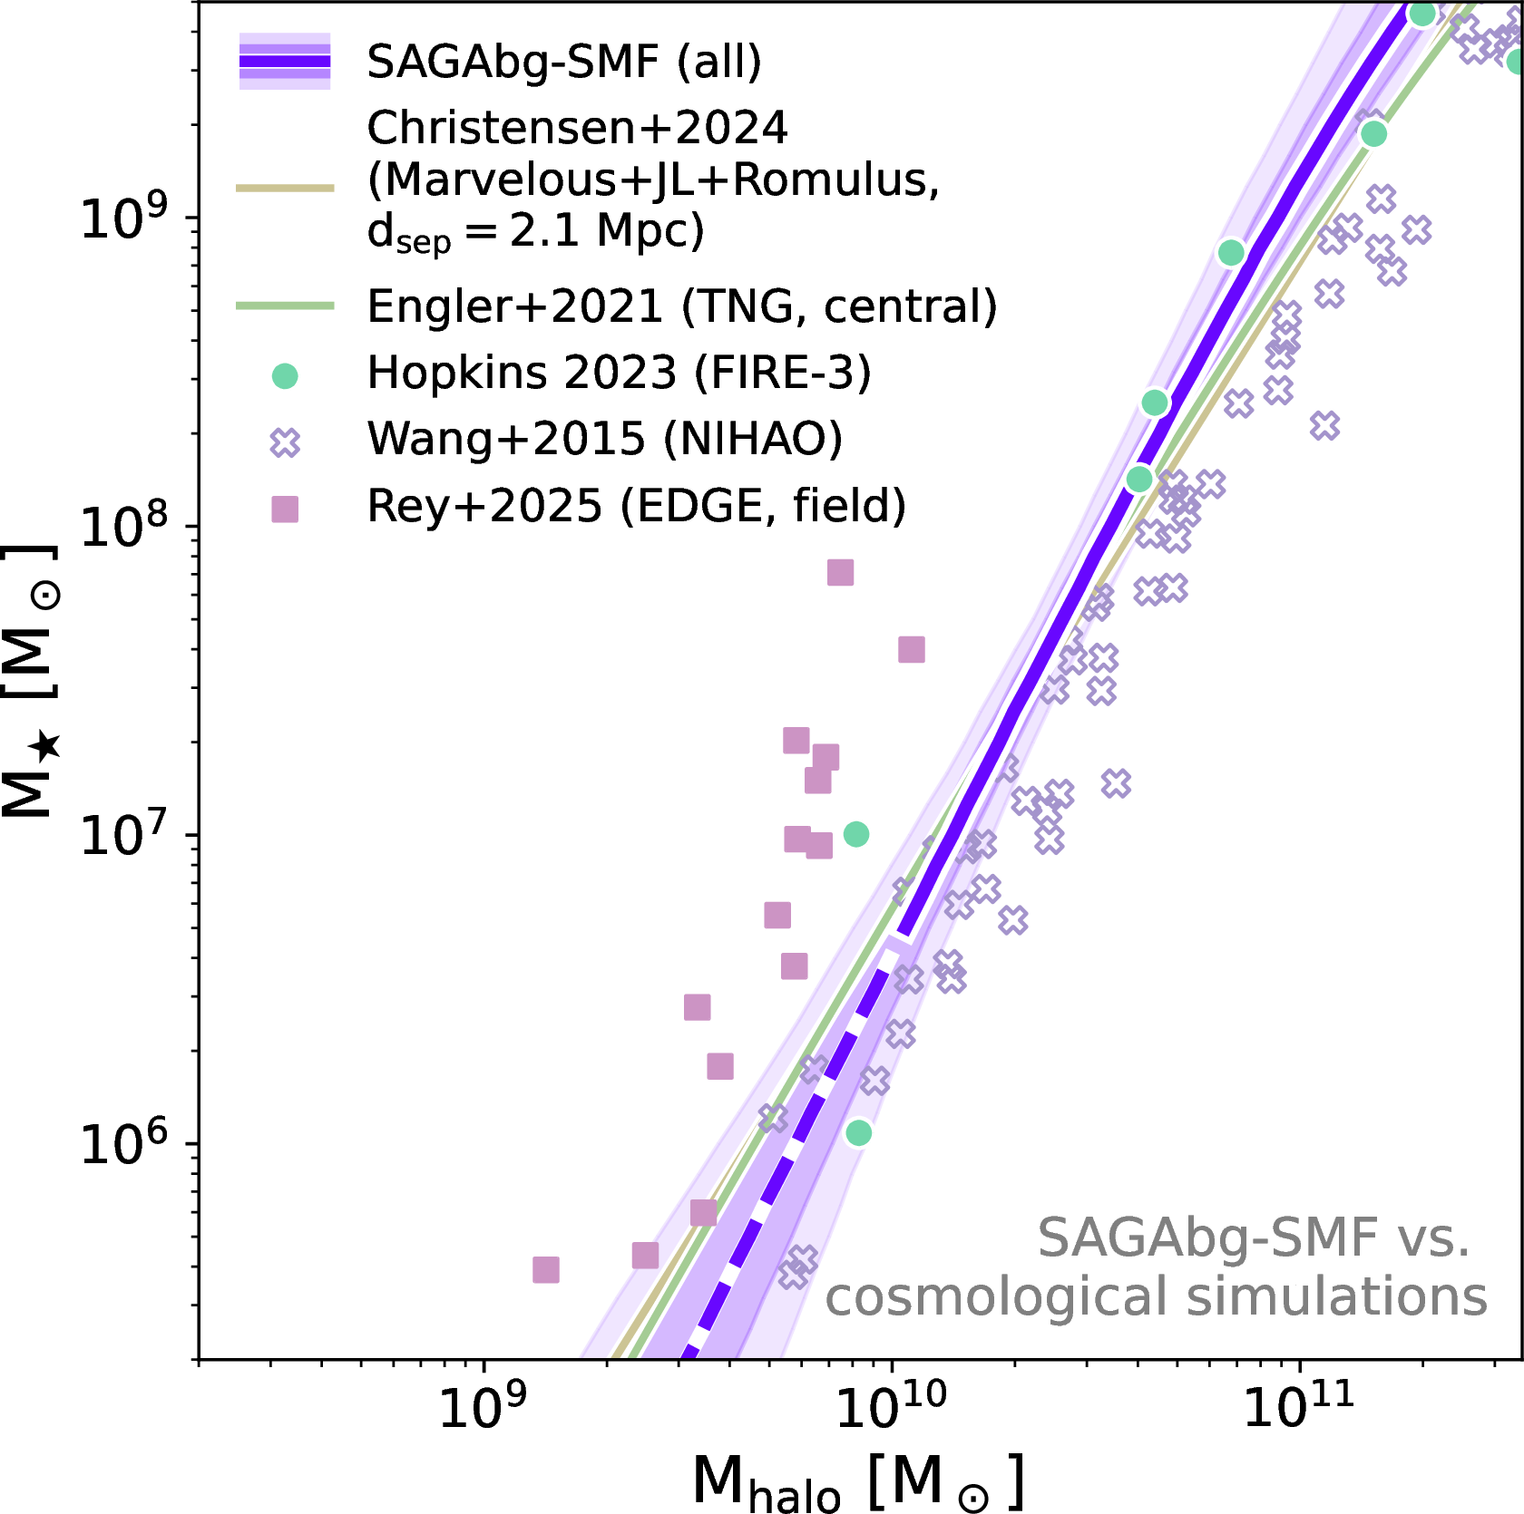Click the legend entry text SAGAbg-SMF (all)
563,62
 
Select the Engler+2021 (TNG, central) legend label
681,306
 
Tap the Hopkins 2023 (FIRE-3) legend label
619,373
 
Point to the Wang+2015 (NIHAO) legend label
604,439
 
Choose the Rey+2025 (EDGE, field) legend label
636,506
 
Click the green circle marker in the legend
285,375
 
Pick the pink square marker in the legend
285,509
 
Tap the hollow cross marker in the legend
285,442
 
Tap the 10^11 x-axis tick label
1298,1407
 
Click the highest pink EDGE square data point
840,572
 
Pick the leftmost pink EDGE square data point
545,1269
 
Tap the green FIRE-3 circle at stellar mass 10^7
855,834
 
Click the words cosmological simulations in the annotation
1156,1296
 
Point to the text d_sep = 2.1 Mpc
535,231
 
